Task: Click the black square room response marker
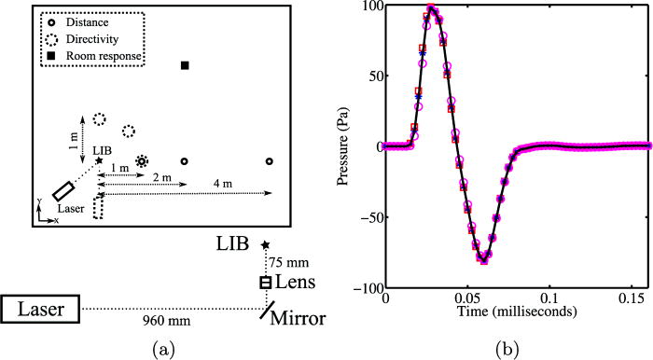(x=185, y=65)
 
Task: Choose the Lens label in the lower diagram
(x=297, y=282)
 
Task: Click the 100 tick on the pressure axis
(x=369, y=7)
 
